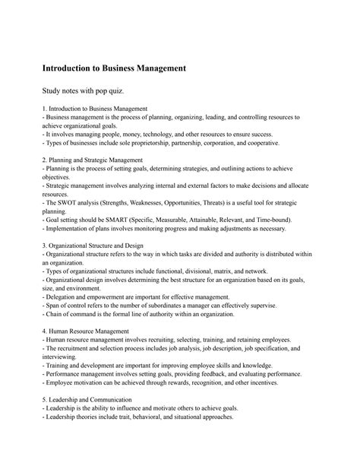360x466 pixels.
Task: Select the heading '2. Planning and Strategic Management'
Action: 93,160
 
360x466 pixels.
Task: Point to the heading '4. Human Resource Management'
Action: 86,331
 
